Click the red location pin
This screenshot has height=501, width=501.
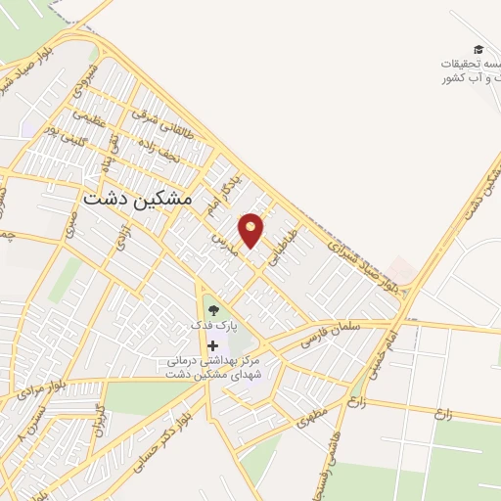pyautogui.click(x=251, y=229)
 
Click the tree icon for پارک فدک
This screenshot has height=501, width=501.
pyautogui.click(x=213, y=311)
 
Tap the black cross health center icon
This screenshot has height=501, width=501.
pyautogui.click(x=212, y=345)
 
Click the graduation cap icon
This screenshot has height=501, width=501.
pyautogui.click(x=478, y=49)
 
